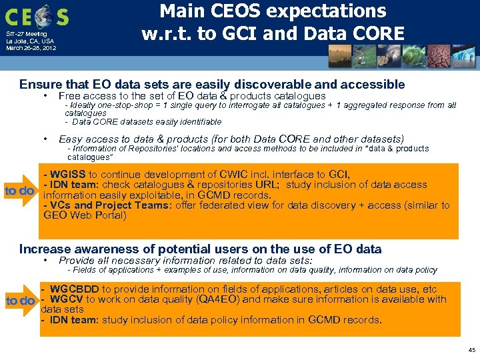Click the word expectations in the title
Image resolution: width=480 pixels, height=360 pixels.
click(329, 11)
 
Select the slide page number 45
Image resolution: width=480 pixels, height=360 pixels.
click(472, 349)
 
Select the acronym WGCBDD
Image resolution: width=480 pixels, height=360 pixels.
click(74, 289)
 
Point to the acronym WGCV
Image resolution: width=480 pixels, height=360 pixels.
click(66, 299)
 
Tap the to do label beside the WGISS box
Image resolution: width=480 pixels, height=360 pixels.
click(19, 191)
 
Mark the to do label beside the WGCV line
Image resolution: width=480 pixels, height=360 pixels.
click(20, 301)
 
